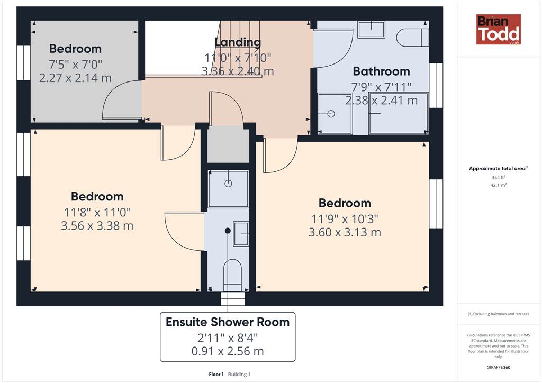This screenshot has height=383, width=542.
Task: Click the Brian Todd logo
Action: [498, 29]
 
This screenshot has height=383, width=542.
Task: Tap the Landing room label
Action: [238, 42]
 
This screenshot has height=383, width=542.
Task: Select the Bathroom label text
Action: [381, 71]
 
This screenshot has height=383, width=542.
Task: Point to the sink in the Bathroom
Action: [371, 29]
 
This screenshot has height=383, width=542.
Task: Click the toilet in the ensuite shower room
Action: [232, 276]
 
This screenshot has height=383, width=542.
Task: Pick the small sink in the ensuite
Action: [241, 234]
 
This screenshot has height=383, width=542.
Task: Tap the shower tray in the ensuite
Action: [228, 188]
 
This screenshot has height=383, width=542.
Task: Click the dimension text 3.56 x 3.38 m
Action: [97, 226]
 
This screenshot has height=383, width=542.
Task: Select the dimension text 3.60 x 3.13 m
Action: [345, 232]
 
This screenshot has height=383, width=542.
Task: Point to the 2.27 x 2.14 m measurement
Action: [75, 78]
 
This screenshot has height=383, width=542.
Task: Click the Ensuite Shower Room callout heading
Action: [228, 322]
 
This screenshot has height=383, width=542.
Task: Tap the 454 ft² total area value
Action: [499, 177]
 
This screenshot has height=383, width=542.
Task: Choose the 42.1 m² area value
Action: [499, 185]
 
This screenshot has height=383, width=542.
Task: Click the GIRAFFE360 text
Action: [499, 367]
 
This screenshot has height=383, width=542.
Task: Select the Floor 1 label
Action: [216, 374]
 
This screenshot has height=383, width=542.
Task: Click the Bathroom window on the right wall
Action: [436, 85]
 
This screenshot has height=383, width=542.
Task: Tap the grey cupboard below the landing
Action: [228, 144]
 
